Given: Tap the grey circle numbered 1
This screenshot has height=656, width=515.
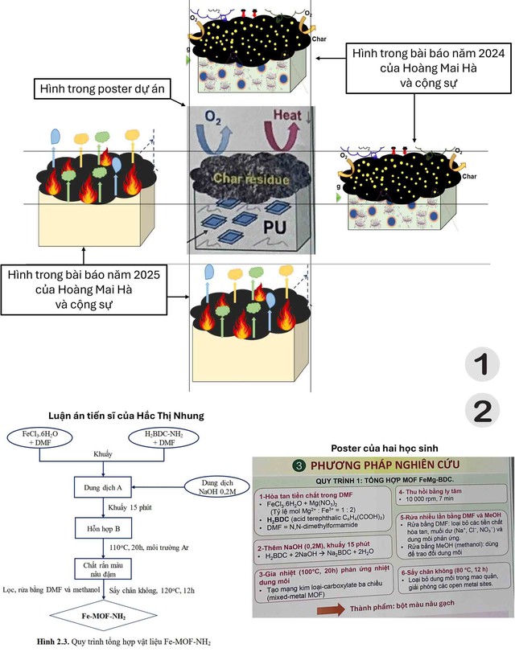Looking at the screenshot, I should coord(481,365).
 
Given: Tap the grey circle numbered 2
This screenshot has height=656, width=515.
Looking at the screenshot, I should coord(481,411).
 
